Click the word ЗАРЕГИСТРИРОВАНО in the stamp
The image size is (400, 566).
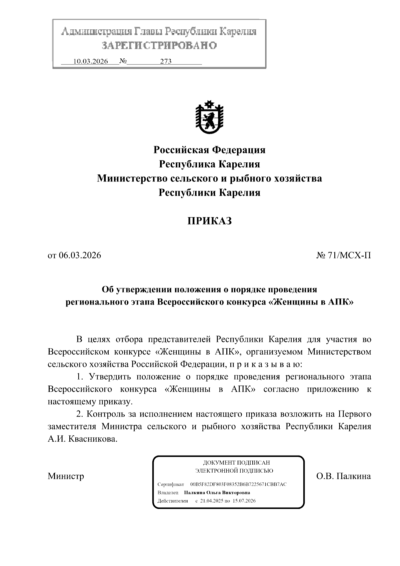(x=159, y=45)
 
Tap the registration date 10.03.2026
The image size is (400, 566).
(x=91, y=61)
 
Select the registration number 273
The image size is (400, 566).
(x=166, y=61)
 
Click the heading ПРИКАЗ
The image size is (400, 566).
(x=209, y=221)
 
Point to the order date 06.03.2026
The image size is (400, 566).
(x=80, y=255)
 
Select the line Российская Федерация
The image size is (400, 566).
(x=209, y=150)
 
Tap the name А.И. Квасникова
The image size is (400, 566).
(x=83, y=439)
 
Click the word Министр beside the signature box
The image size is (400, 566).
(x=66, y=476)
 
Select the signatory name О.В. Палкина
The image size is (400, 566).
(x=343, y=476)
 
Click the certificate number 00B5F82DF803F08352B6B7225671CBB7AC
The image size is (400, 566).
(x=238, y=484)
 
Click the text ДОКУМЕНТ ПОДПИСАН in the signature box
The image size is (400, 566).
(x=236, y=463)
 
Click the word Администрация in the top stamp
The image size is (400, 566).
(x=96, y=32)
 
